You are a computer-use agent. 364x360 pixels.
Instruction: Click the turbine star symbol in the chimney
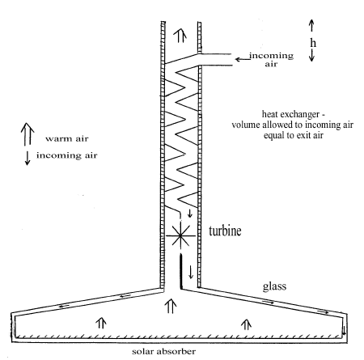click(180, 236)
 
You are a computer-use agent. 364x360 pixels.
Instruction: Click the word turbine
click(225, 231)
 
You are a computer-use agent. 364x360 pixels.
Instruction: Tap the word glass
click(274, 286)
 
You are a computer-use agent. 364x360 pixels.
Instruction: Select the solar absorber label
click(163, 352)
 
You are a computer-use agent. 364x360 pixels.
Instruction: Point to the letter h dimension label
click(313, 43)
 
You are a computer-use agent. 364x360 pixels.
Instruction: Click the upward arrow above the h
click(311, 25)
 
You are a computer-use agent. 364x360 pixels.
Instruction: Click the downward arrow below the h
click(311, 55)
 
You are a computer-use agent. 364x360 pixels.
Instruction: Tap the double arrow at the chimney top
click(180, 36)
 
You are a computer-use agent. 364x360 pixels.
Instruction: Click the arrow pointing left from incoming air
click(243, 59)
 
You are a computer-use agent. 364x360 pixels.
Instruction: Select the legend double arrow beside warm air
click(28, 134)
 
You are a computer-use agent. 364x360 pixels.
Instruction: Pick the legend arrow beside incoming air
click(28, 158)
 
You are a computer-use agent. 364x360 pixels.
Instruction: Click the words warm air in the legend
click(67, 139)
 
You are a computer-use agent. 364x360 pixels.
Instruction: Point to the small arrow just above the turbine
click(190, 214)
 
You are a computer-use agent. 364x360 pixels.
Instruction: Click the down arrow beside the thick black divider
click(191, 272)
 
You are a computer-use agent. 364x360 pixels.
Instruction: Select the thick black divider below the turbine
click(180, 272)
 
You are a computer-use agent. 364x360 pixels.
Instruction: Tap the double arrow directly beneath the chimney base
click(171, 306)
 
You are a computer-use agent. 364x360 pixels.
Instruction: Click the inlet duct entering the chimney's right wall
click(215, 59)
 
